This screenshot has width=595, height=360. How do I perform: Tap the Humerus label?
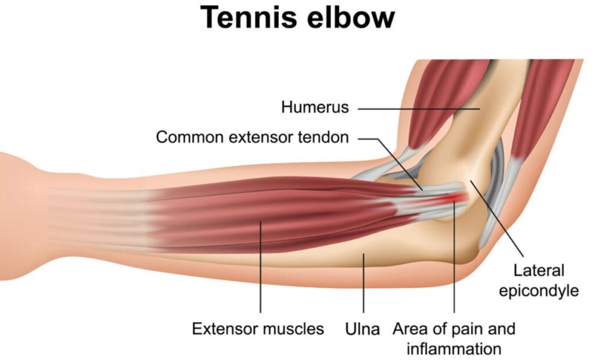pyautogui.click(x=315, y=107)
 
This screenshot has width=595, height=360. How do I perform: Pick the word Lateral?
pyautogui.click(x=539, y=271)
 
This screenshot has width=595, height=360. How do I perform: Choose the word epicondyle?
pyautogui.click(x=539, y=291)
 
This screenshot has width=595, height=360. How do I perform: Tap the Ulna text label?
pyautogui.click(x=363, y=329)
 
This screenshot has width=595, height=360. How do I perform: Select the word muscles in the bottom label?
pyautogui.click(x=293, y=329)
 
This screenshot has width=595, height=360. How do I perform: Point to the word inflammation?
pyautogui.click(x=454, y=349)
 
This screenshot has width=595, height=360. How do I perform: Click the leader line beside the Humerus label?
pyautogui.click(x=419, y=109)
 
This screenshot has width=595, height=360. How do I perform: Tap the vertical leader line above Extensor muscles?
pyautogui.click(x=261, y=267)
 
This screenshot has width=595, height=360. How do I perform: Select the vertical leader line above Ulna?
pyautogui.click(x=364, y=283)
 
